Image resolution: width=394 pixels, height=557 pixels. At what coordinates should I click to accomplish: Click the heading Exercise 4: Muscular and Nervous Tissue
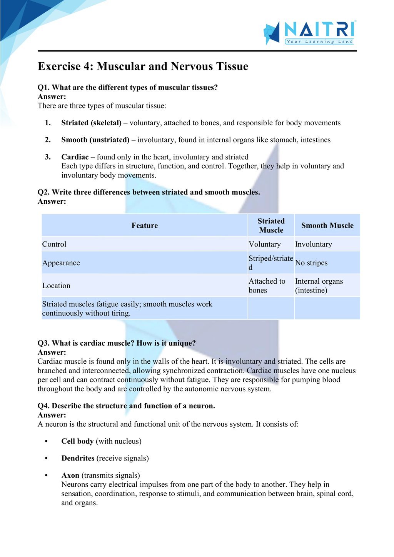[x=143, y=67]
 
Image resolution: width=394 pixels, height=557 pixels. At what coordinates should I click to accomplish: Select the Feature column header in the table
[x=145, y=226]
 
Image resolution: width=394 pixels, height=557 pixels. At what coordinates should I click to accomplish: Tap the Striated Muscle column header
[x=271, y=226]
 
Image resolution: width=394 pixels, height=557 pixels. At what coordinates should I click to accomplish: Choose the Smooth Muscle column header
[x=327, y=226]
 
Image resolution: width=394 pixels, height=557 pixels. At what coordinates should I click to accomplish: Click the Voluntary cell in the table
[x=265, y=244]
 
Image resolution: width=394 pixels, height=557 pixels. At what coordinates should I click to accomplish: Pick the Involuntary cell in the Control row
[x=313, y=244]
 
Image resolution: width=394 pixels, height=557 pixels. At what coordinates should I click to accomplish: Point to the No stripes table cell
[x=311, y=263]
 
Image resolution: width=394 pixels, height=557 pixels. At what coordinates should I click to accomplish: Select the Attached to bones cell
[x=267, y=286]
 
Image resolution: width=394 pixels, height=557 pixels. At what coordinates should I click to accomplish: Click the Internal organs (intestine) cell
[x=319, y=286]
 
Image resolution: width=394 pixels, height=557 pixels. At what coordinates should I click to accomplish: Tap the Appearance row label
[x=61, y=263]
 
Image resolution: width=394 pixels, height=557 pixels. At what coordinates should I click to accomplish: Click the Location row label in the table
[x=56, y=286]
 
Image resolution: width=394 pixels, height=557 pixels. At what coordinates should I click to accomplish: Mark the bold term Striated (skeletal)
[x=91, y=123]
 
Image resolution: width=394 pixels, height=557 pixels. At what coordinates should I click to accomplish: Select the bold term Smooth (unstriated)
[x=95, y=140]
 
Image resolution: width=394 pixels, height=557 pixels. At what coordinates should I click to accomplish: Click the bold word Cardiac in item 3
[x=75, y=157]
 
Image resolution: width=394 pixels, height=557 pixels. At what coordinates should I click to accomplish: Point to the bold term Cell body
[x=77, y=441]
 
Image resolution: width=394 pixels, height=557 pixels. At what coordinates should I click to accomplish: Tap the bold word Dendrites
[x=78, y=458]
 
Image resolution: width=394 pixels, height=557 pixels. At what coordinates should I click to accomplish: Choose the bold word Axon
[x=70, y=475]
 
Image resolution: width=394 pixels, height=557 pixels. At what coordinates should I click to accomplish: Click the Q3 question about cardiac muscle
[x=117, y=343]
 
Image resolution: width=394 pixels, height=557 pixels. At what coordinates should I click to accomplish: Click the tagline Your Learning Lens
[x=319, y=42]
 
